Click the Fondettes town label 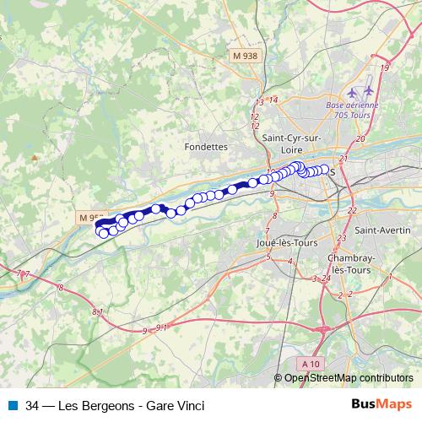coord(206,146)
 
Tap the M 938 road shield coord(245,56)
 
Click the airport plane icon coord(353,90)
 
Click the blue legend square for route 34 coord(11,405)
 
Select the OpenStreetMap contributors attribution coord(349,378)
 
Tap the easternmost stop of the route coord(324,170)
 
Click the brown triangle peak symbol coord(35,157)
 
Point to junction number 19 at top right coord(385,67)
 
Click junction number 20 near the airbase coord(360,138)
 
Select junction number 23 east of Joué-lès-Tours coord(341,239)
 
